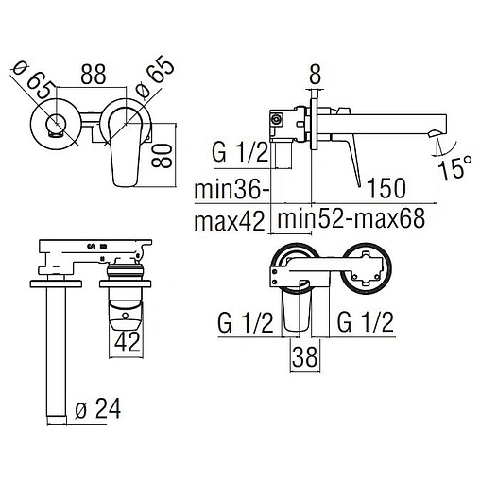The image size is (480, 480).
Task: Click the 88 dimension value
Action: tap(94, 75)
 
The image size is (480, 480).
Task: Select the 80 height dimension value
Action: tap(162, 155)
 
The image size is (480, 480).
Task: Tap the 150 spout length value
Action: tap(386, 188)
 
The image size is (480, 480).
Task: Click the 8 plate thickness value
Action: tap(315, 75)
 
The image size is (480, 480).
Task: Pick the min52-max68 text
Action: tap(351, 219)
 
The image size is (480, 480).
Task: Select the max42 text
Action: tap(230, 221)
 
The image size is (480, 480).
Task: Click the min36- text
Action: tap(231, 190)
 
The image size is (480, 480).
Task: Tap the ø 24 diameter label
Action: tap(98, 409)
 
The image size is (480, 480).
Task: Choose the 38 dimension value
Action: tap(305, 356)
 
